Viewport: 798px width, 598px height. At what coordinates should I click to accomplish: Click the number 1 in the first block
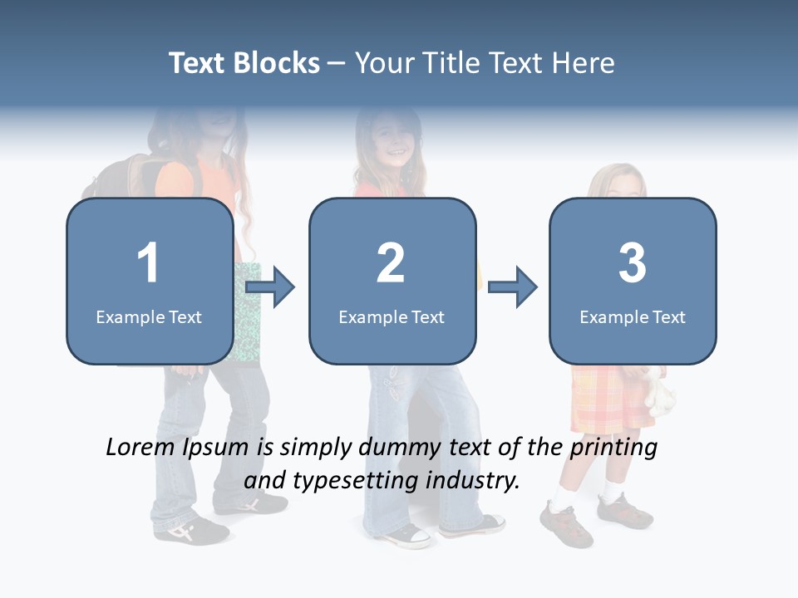(x=148, y=263)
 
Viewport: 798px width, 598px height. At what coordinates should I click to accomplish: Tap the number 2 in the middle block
(x=391, y=263)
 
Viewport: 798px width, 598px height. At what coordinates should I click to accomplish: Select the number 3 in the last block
(x=633, y=263)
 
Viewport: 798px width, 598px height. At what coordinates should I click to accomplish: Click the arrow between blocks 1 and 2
(x=271, y=287)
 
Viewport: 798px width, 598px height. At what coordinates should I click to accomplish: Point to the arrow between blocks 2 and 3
(x=513, y=287)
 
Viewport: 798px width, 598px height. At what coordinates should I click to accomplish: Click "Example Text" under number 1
(x=149, y=316)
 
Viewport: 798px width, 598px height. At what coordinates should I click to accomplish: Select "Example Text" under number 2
(x=392, y=316)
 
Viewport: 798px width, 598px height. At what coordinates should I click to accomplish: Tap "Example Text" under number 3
(x=633, y=316)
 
